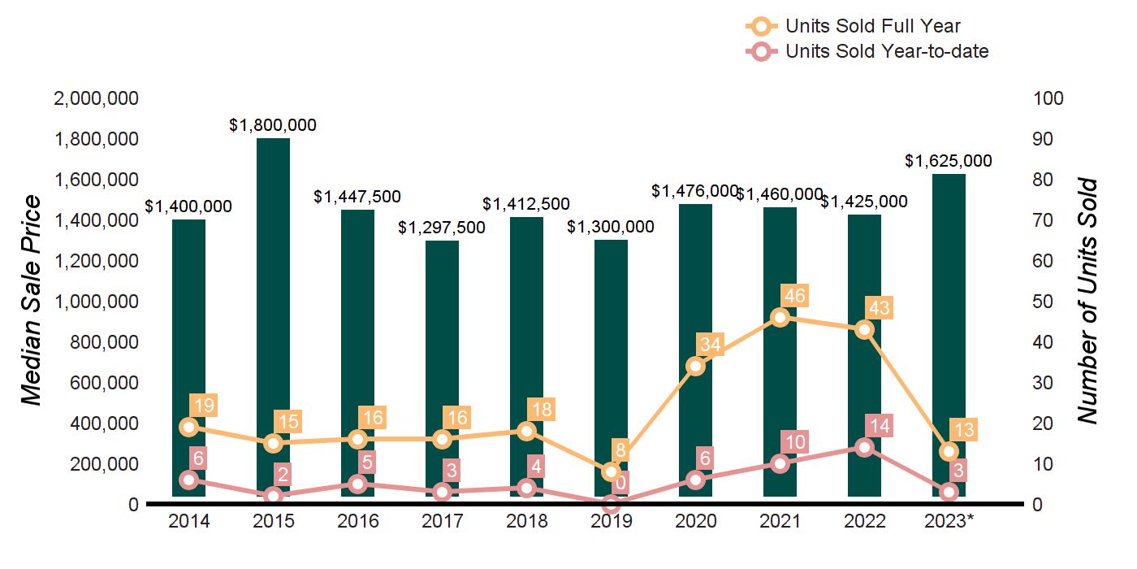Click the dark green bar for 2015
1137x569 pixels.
273,317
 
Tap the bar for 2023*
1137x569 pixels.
949,325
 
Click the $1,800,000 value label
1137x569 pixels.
273,125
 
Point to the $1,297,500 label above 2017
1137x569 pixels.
442,228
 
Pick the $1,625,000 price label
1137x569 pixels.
949,161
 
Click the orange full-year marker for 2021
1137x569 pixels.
780,317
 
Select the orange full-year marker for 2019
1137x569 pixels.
611,472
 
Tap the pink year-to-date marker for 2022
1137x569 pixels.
864,447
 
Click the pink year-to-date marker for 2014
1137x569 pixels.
188,480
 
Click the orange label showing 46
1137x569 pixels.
795,295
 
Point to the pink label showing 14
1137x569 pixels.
880,425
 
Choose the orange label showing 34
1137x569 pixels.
711,344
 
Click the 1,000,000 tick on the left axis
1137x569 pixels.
96,302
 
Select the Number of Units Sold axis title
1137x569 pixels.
1088,301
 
